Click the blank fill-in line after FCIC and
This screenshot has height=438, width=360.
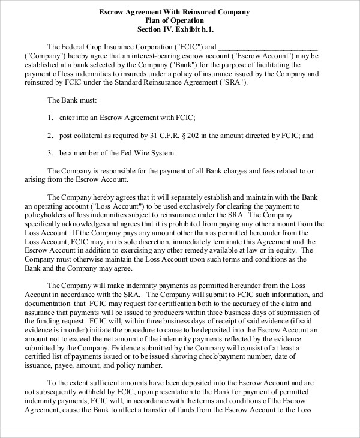point(268,47)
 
